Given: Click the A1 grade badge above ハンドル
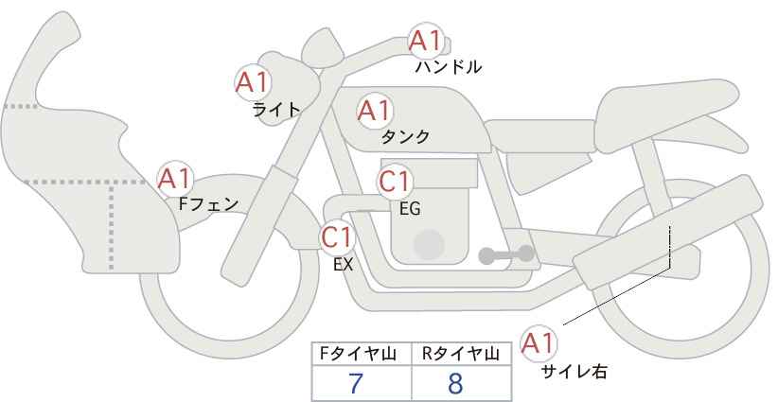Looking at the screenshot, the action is (425, 41).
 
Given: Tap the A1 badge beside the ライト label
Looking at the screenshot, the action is (253, 82).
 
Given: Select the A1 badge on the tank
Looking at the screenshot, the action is (375, 112).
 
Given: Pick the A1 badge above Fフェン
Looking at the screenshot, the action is (175, 179).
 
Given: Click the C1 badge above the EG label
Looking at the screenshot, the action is (395, 182).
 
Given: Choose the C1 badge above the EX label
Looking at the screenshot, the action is (337, 236).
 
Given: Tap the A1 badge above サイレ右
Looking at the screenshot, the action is (539, 343).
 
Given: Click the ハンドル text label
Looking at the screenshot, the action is (448, 67).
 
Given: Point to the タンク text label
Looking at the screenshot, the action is (405, 137).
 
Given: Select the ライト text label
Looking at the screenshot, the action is (276, 110).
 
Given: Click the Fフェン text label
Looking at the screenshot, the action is (208, 204).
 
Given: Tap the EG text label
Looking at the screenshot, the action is (410, 209).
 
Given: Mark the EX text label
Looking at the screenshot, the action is (343, 265).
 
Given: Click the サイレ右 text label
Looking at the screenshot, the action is (575, 372).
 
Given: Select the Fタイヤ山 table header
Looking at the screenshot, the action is (358, 354).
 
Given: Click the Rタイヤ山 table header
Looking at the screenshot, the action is (461, 354).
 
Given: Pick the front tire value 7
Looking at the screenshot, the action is (356, 384).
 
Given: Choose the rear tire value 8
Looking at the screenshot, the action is (455, 384).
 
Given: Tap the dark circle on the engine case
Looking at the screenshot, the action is (429, 245).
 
